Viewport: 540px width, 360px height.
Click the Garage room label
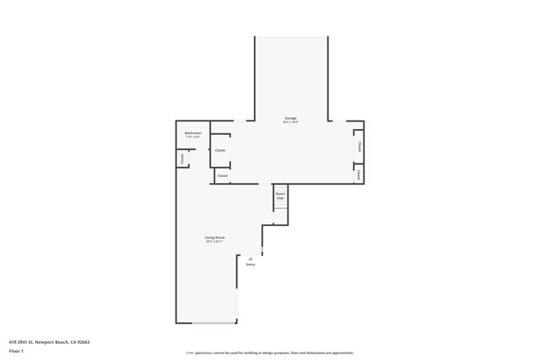coord(290,118)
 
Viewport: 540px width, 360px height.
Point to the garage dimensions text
coord(290,123)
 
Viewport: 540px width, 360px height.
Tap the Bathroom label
coord(193,132)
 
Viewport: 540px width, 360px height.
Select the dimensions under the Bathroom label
coord(193,137)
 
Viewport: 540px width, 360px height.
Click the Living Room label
coord(214,238)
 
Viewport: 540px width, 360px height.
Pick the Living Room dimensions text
coord(214,242)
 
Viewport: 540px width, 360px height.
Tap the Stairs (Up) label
coord(280,196)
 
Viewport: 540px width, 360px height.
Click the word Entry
coord(251,265)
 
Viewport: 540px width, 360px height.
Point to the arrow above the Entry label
coord(251,258)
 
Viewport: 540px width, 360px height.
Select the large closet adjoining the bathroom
coord(220,150)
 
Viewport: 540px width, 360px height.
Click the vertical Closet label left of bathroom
coord(181,159)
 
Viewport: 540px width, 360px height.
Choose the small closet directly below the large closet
coord(222,175)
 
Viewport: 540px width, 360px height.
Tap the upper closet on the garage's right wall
coord(359,147)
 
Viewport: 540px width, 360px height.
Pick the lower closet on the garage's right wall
coord(359,175)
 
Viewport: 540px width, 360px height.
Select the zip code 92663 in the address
coord(82,341)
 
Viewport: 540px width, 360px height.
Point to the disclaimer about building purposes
coord(270,353)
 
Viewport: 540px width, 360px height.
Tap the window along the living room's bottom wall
coord(214,323)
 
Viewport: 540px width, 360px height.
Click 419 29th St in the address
coord(19,341)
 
